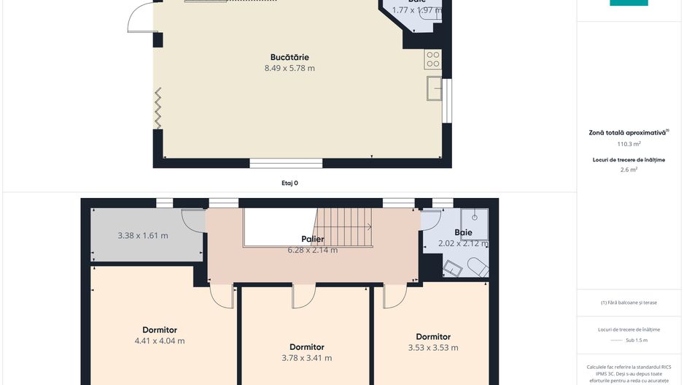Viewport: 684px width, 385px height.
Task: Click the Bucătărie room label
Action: click(x=289, y=57)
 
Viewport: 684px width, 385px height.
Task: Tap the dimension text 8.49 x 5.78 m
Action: click(x=289, y=69)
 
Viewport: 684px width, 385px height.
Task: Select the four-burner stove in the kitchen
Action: click(x=432, y=58)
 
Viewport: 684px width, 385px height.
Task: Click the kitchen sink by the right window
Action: click(x=435, y=88)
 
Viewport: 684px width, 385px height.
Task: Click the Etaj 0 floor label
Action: click(x=289, y=183)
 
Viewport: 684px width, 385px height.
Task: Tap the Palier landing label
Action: click(x=312, y=239)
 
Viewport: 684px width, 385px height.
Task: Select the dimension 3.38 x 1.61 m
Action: click(x=143, y=236)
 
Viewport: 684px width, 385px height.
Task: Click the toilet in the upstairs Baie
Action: click(x=477, y=267)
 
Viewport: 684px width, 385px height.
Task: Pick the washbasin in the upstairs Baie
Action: click(x=453, y=270)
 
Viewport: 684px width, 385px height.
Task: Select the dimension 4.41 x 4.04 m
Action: click(x=160, y=341)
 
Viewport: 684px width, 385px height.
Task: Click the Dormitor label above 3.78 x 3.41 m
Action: click(x=306, y=347)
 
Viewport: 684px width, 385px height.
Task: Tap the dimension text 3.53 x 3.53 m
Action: click(x=433, y=348)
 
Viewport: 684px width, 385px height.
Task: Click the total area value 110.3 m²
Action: click(x=628, y=145)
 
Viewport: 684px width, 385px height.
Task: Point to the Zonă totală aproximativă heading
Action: click(x=628, y=133)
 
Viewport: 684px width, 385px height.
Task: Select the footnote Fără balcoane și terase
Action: click(x=628, y=302)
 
